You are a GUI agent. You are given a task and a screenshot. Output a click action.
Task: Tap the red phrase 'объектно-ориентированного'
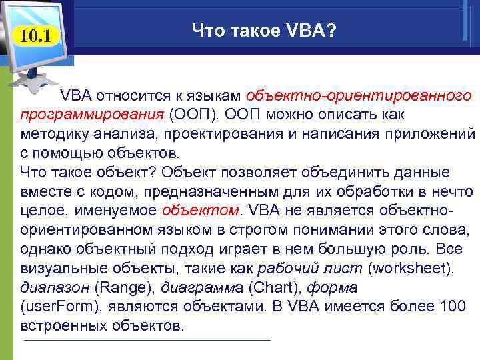(359, 95)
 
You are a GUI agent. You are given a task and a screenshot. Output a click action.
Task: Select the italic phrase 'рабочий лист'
(294, 269)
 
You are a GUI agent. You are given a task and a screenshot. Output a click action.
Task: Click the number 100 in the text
(456, 307)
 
